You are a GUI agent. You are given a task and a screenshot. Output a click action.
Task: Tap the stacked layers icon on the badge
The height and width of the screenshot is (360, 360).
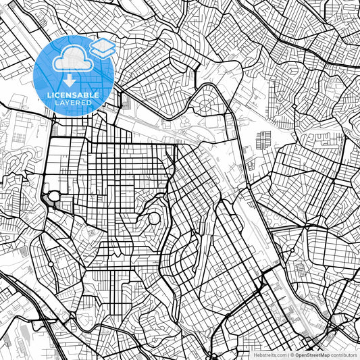point(102,47)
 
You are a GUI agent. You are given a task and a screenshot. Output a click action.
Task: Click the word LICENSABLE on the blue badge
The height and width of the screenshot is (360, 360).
point(73,95)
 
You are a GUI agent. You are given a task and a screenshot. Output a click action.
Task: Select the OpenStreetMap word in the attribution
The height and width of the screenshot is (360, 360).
point(313,354)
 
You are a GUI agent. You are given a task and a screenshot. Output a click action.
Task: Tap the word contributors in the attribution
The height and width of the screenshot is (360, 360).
point(344,354)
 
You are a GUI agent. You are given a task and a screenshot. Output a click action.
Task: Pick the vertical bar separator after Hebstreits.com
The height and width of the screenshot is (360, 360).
point(288,354)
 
